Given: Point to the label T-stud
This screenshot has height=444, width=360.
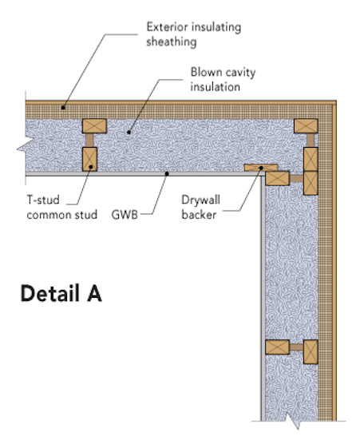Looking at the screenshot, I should [x=46, y=199].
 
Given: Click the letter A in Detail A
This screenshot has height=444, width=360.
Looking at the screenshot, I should [x=93, y=294].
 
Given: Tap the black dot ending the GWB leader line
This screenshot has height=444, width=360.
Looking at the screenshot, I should [x=165, y=172].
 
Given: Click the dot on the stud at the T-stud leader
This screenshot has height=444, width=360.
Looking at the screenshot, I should [x=93, y=168].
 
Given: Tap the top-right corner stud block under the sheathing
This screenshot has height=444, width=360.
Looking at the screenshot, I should [x=306, y=125].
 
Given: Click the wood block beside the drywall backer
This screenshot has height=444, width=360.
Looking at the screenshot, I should [x=277, y=176].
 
